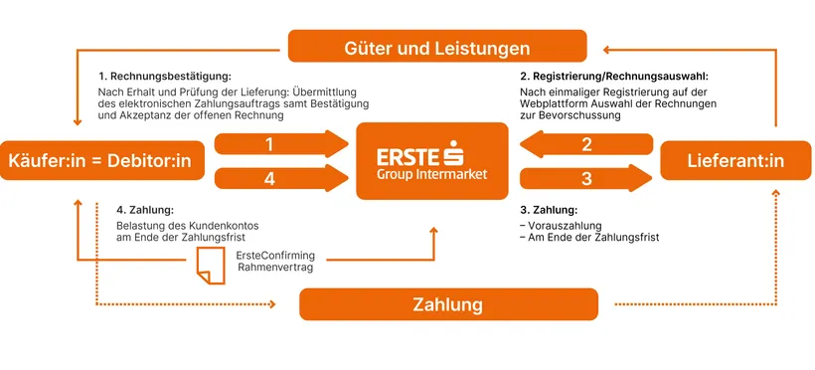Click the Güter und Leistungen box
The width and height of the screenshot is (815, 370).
tap(437, 46)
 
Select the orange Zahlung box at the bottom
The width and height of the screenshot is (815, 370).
tap(448, 303)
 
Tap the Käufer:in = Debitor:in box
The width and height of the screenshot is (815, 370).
tap(103, 160)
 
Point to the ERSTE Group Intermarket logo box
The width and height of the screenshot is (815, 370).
tap(432, 159)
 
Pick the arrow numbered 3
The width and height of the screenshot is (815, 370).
tap(586, 179)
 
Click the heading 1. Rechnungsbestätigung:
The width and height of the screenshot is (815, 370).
tap(164, 76)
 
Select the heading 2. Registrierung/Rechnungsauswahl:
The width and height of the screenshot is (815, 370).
tap(613, 76)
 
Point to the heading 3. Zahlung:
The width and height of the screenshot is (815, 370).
tap(548, 210)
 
